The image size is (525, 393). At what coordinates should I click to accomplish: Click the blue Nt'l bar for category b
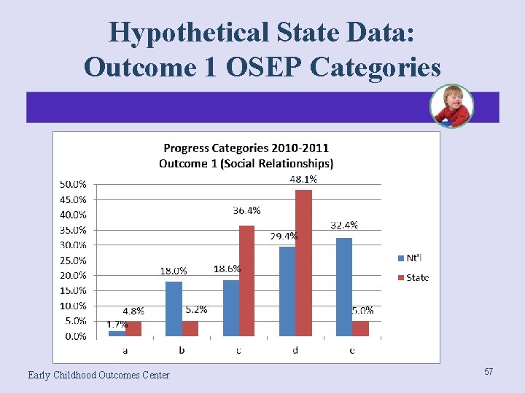(174, 309)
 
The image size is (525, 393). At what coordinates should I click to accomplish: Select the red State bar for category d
(303, 263)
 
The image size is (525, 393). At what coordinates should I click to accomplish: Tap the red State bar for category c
(247, 281)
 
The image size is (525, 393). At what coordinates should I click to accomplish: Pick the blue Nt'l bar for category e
(344, 287)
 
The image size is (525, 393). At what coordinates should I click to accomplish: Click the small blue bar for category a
(117, 333)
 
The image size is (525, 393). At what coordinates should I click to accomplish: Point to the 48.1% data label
(303, 179)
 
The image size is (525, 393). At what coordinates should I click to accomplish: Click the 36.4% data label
(246, 210)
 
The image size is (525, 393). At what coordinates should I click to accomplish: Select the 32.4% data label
(344, 226)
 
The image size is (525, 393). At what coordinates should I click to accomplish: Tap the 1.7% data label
(117, 325)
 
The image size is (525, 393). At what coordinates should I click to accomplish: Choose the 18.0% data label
(174, 271)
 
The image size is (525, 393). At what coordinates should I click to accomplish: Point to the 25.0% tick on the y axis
(73, 260)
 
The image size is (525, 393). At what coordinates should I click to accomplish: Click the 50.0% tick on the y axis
(73, 184)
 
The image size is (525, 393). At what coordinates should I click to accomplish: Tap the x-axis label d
(295, 350)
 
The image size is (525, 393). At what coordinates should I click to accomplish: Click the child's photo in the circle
(452, 106)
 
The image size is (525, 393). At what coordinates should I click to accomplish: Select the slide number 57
(489, 372)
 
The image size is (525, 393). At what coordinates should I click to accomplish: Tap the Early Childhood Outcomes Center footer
(98, 375)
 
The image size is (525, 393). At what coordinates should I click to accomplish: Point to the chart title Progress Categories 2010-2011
(246, 148)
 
